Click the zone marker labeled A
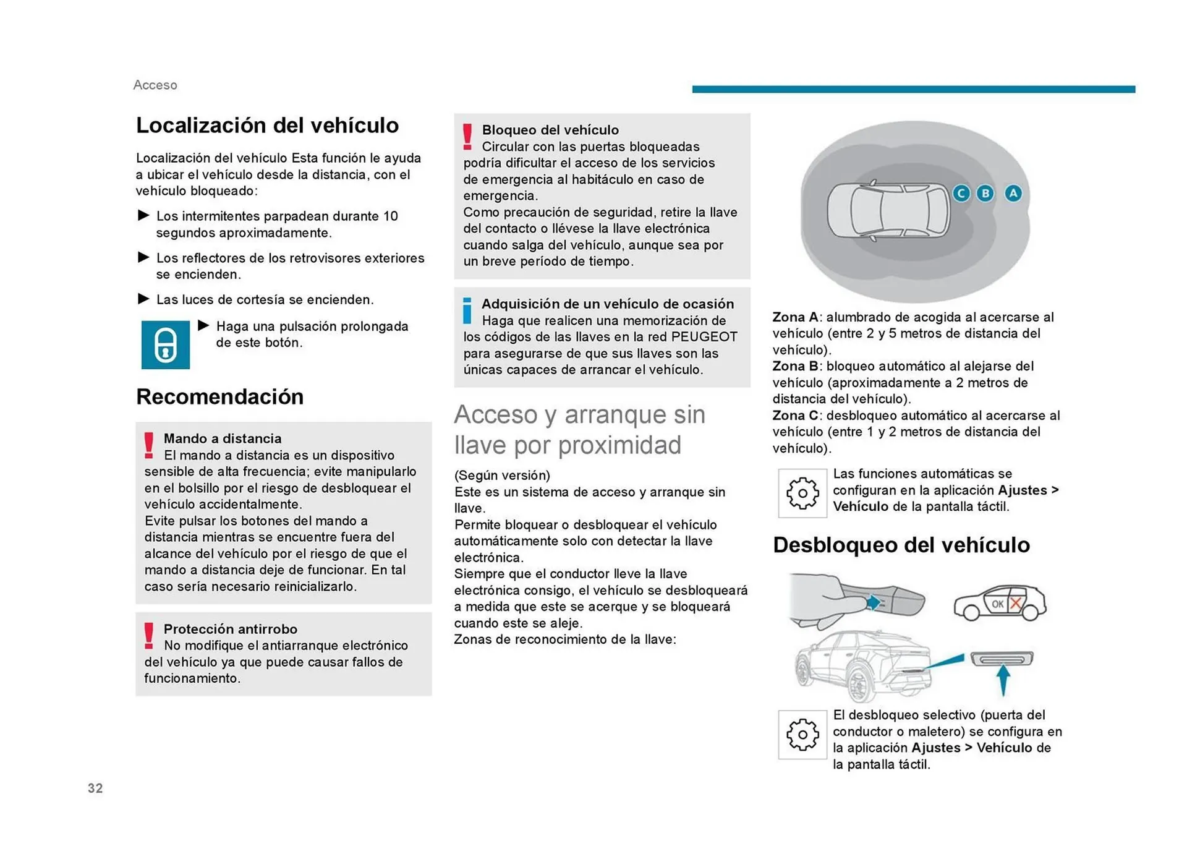[x=1013, y=194]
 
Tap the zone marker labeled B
[x=985, y=194]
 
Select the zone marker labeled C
[x=961, y=194]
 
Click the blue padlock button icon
[x=165, y=344]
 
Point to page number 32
[x=95, y=788]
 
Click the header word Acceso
[x=155, y=85]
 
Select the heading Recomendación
[x=219, y=397]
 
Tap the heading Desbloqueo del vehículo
[x=901, y=545]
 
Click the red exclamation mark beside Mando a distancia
[x=149, y=445]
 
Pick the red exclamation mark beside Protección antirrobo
[x=149, y=636]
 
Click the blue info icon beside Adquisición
[x=467, y=310]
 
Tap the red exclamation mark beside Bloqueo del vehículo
[x=467, y=137]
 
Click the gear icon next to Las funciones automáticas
[x=802, y=493]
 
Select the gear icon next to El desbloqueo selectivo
[x=802, y=735]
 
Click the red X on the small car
[x=1015, y=604]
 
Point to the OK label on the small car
[x=997, y=604]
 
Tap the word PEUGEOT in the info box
[x=704, y=337]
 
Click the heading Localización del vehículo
[x=267, y=126]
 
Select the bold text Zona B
[x=795, y=366]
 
